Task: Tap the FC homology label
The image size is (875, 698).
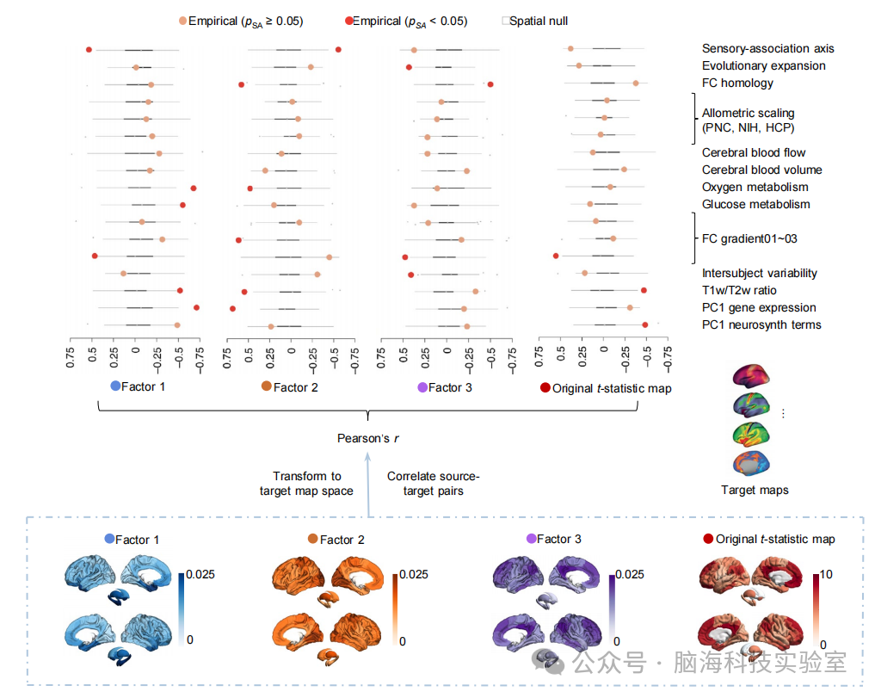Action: pos(737,83)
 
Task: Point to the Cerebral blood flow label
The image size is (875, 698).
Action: pos(754,153)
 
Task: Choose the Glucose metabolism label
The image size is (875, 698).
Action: pos(755,205)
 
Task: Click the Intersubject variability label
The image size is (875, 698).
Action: pos(759,274)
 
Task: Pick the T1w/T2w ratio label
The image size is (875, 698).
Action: pos(744,291)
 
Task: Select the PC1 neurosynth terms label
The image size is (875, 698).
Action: pos(761,325)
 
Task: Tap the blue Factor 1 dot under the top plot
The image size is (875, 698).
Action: pos(116,387)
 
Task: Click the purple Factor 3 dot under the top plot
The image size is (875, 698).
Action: pos(422,388)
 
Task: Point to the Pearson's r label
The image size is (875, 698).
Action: pos(368,439)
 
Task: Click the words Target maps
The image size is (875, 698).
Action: pos(754,491)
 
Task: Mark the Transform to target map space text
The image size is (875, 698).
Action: pos(306,484)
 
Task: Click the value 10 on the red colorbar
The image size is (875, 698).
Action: pos(825,574)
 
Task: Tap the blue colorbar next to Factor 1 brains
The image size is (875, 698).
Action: pos(183,605)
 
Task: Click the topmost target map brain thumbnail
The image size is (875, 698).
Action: pos(754,375)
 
